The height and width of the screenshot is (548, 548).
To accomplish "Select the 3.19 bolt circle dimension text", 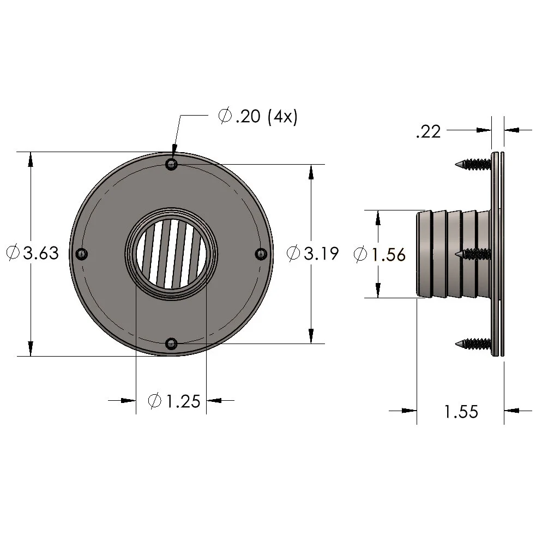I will [x=321, y=254].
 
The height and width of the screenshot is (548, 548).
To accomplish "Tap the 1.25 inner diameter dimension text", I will [x=182, y=402].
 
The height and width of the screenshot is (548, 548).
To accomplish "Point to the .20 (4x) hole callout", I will [x=257, y=117].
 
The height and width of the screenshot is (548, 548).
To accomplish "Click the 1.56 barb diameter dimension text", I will [x=388, y=254].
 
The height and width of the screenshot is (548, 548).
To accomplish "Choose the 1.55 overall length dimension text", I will [x=461, y=412].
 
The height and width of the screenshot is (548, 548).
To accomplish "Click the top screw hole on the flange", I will [x=172, y=164].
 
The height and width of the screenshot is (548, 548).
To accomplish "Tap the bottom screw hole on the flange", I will [x=172, y=344].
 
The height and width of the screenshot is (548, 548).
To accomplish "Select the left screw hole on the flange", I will [x=82, y=254].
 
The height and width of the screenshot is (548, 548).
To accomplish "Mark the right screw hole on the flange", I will [x=261, y=254].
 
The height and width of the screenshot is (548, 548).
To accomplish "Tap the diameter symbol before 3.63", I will [x=13, y=253].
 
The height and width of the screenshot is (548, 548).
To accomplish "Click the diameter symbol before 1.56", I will [x=360, y=254].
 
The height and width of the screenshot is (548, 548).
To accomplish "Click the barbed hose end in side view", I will [x=447, y=254].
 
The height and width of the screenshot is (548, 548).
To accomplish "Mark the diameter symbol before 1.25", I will [x=155, y=402].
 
